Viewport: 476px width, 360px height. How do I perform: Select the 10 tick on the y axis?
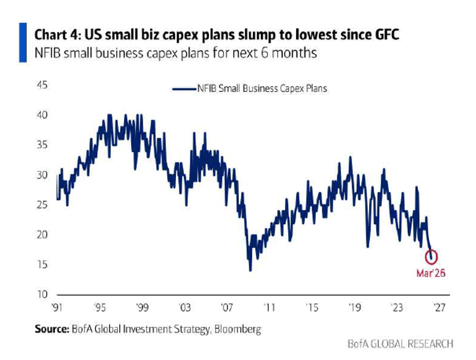(42, 295)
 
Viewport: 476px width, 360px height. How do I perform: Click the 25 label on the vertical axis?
(42, 205)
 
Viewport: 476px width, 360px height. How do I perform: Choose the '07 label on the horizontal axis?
(227, 308)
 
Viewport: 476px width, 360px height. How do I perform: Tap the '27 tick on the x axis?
(439, 308)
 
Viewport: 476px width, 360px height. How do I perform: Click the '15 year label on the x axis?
(312, 308)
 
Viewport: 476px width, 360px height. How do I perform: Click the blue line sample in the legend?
(184, 89)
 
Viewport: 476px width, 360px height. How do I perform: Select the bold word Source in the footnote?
(51, 329)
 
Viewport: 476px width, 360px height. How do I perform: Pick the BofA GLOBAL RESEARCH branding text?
(400, 343)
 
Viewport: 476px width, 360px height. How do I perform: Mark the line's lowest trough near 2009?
(250, 270)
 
